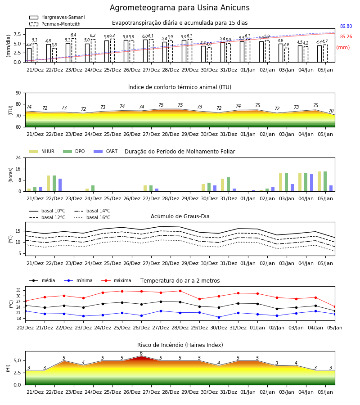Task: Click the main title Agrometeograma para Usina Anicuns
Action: [x=180, y=8]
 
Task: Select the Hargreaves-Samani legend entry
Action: [x=57, y=17]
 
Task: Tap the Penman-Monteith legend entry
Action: [x=55, y=24]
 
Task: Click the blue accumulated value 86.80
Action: [x=346, y=27]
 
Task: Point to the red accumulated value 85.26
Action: [x=346, y=37]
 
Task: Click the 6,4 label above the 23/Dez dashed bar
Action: [x=73, y=35]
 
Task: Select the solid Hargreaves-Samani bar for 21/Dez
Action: [x=29, y=55]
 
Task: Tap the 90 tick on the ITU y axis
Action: [x=18, y=93]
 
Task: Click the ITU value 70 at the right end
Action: [x=331, y=111]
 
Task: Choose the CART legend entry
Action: [x=105, y=151]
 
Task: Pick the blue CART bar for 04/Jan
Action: [x=312, y=183]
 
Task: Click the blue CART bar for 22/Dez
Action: [x=60, y=185]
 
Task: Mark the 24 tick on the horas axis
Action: [x=18, y=157]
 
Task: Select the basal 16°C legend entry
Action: [x=92, y=218]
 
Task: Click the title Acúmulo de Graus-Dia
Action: [x=180, y=216]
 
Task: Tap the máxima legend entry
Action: [x=116, y=280]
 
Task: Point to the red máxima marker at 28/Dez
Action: [x=180, y=291]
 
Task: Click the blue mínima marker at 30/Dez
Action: [x=219, y=317]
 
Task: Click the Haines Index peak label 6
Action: [x=141, y=353]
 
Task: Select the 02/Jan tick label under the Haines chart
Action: [x=267, y=392]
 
